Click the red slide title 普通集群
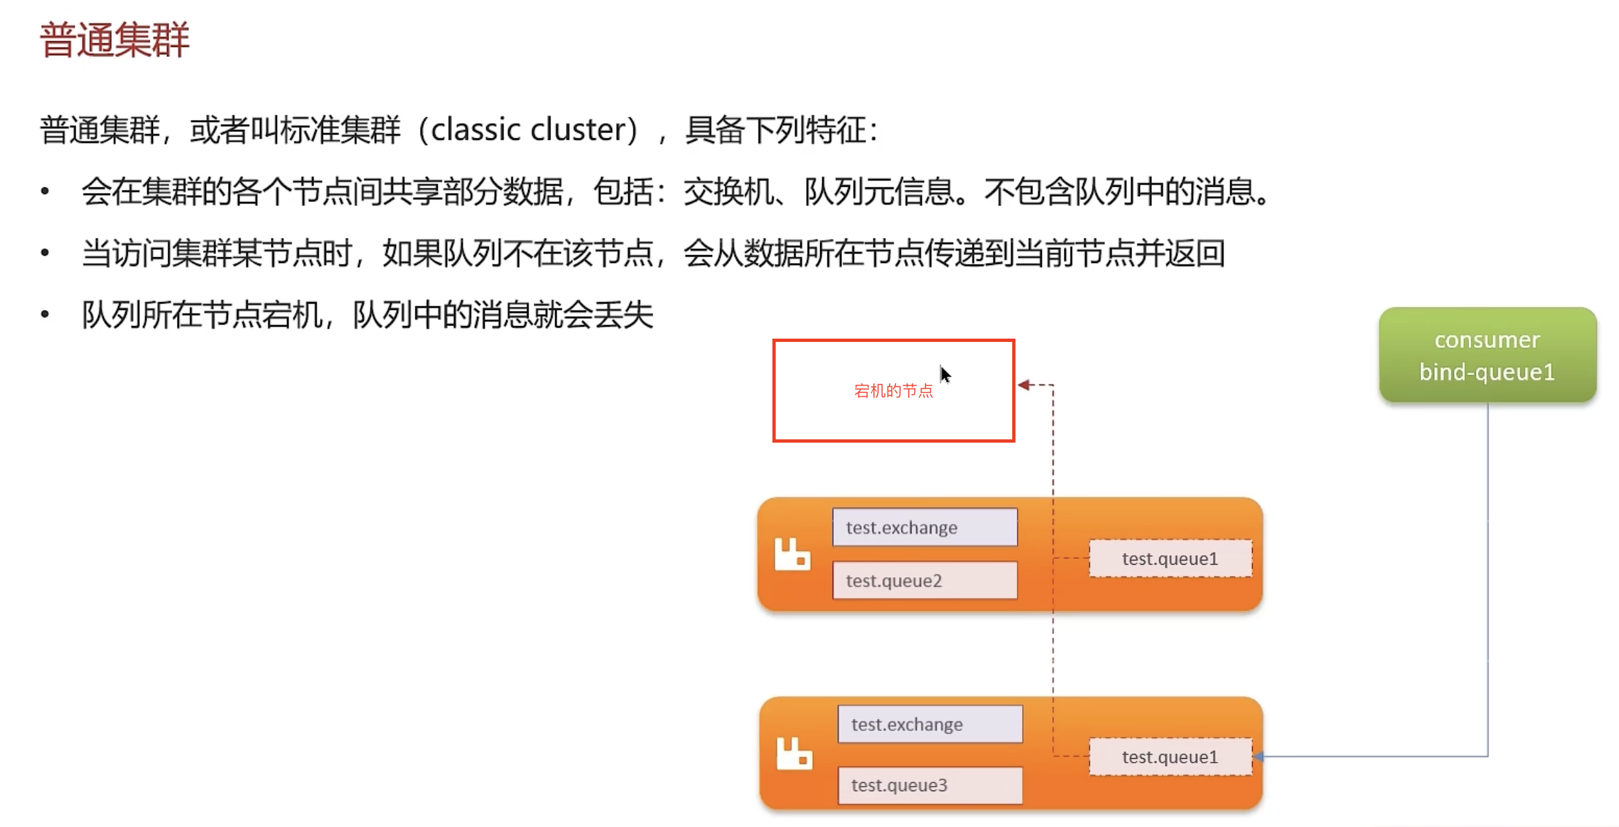point(115,40)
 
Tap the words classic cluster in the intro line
point(533,129)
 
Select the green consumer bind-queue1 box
point(1487,355)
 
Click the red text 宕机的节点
point(893,391)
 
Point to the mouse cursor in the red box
point(945,374)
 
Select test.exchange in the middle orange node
point(924,527)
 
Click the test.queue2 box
point(924,580)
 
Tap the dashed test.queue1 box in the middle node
point(1170,559)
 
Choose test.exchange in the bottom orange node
point(929,724)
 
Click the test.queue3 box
point(929,785)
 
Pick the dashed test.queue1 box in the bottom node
point(1170,757)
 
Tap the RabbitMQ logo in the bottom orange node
point(794,753)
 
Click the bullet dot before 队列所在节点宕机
point(45,314)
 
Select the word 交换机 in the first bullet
point(728,192)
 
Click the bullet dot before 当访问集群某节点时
point(45,252)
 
